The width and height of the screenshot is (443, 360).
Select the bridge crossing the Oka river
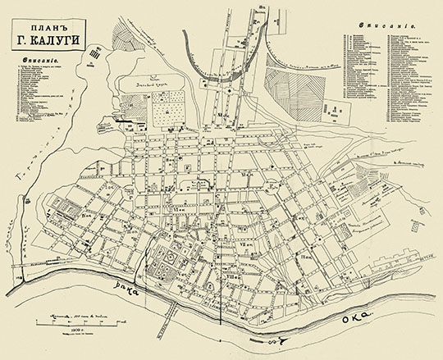(x=172, y=307)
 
